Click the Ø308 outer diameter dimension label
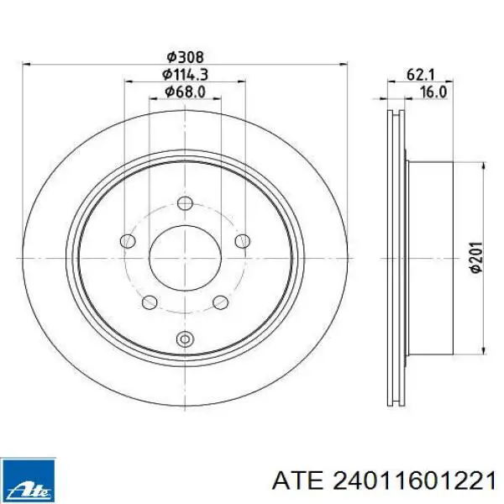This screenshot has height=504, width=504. [186, 57]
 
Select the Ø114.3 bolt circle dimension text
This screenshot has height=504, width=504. [186, 75]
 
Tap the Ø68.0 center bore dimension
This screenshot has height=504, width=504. [186, 92]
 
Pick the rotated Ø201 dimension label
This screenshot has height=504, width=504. [476, 258]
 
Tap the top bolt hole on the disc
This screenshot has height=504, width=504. [185, 203]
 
